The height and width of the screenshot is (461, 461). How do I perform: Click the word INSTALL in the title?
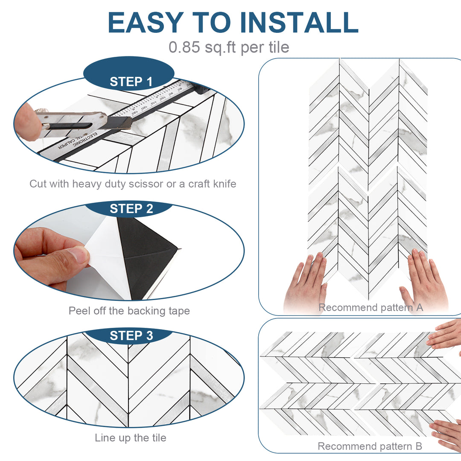pos(299,23)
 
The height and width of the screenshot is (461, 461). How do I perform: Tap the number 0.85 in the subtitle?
pos(184,47)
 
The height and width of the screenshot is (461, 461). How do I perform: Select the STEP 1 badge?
pos(131,82)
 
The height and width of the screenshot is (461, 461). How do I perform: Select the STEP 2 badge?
pos(131,209)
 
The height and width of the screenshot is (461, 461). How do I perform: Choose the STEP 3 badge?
pos(131,336)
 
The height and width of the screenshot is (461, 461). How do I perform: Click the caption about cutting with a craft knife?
pos(132,184)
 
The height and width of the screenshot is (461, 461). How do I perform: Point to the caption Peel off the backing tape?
pos(129,311)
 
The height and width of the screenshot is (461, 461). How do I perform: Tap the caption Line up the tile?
pos(130,438)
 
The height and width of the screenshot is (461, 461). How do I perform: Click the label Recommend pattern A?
pos(371,307)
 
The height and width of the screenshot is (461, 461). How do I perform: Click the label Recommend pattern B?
pos(370,446)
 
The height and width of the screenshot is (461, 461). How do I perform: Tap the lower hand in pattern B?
pos(446,433)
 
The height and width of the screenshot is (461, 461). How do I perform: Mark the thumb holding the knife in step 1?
pos(28,122)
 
